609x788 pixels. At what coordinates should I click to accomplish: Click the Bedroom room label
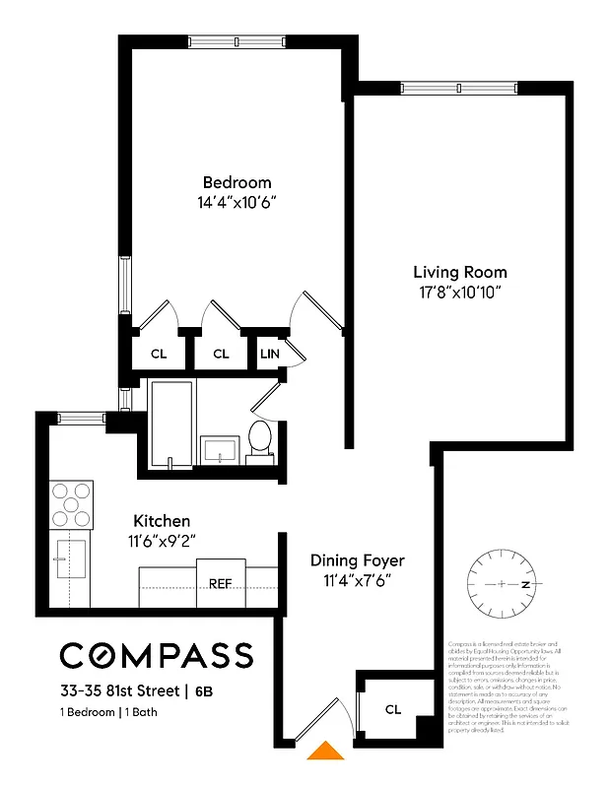(x=237, y=182)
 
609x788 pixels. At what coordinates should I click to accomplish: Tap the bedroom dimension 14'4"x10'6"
(x=237, y=202)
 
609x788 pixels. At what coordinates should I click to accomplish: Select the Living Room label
(x=460, y=272)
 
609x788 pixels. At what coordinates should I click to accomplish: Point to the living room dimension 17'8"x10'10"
(x=460, y=292)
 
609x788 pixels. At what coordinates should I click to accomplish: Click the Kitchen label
(x=163, y=520)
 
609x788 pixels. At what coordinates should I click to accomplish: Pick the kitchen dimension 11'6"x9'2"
(x=163, y=540)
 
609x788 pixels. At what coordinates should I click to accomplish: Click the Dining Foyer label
(x=358, y=560)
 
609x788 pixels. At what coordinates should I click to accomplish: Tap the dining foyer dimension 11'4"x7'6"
(x=358, y=580)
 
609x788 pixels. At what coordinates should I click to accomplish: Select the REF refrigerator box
(x=221, y=583)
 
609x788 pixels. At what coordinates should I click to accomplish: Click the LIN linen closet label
(x=270, y=354)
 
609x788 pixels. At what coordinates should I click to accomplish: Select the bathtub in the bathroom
(x=172, y=424)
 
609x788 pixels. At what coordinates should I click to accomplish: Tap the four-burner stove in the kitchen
(x=71, y=504)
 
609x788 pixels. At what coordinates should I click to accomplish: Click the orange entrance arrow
(x=325, y=752)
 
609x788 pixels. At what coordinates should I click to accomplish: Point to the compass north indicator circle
(x=503, y=584)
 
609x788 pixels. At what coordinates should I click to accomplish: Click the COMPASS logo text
(x=157, y=655)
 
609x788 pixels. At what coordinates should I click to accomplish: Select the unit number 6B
(x=202, y=691)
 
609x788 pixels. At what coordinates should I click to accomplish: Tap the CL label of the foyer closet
(x=393, y=709)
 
